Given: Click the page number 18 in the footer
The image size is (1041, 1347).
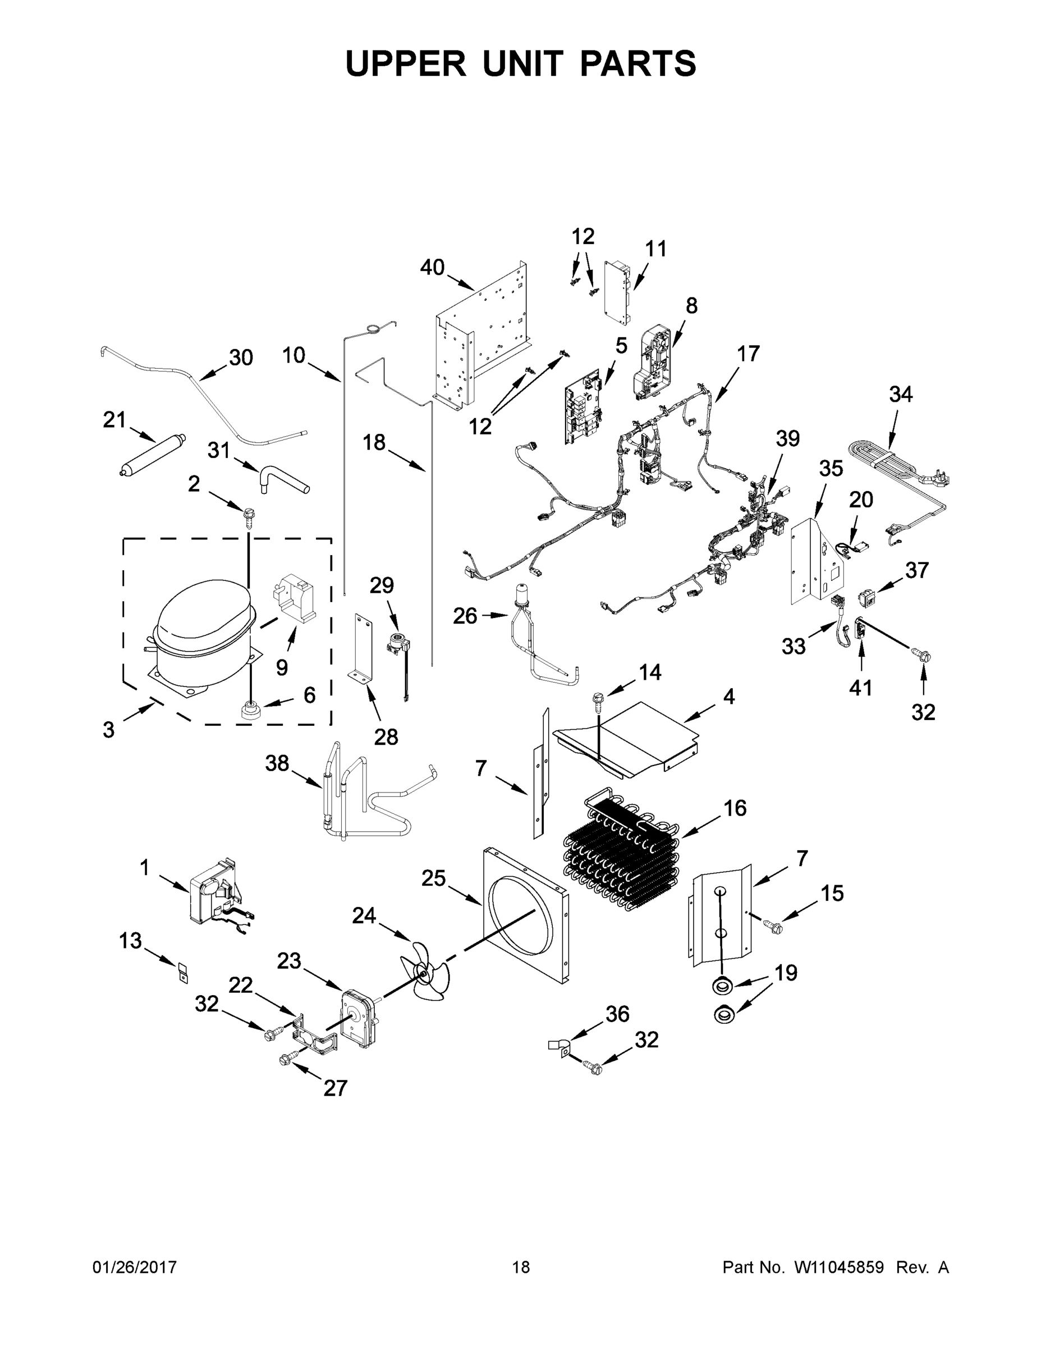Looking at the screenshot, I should pyautogui.click(x=521, y=1267).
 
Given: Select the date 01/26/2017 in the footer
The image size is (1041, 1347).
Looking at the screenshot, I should pyautogui.click(x=135, y=1267).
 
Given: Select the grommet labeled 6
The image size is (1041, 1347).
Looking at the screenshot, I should pyautogui.click(x=250, y=709).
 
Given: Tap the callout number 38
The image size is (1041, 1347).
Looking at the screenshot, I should pyautogui.click(x=277, y=763).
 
